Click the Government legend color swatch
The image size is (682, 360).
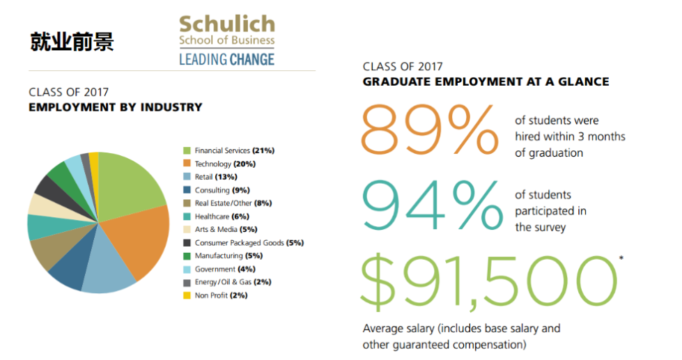point(187,269)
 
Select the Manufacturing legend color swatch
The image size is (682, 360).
point(187,256)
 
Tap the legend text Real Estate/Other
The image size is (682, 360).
point(223,203)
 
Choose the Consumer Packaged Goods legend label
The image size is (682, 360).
point(239,242)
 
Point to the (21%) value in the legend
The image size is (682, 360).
point(263,150)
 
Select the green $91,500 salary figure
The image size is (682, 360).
point(488,282)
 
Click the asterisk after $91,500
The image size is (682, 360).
point(621,258)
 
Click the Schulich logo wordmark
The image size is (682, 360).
point(227,24)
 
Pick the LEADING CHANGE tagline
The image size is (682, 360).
point(227,59)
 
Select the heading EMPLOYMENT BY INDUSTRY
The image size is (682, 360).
point(116,107)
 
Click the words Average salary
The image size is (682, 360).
point(399,329)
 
